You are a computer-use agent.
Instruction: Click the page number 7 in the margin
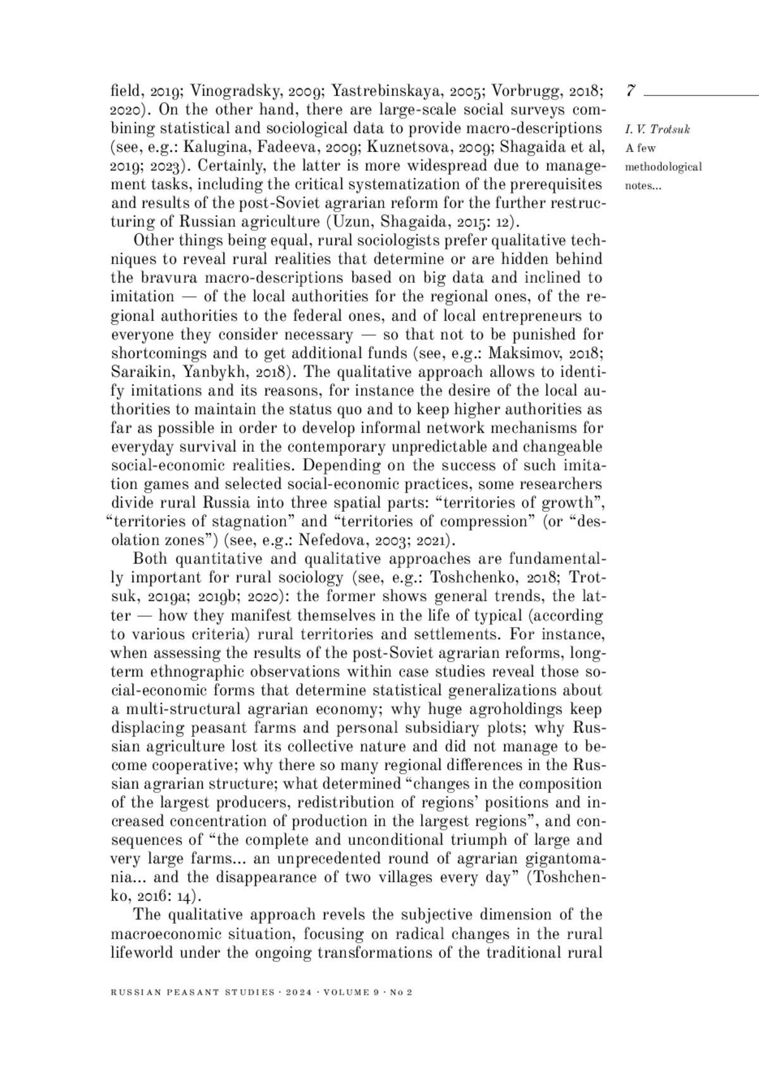631,91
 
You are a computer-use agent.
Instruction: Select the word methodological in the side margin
663,168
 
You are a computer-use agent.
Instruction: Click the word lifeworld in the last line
142,952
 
